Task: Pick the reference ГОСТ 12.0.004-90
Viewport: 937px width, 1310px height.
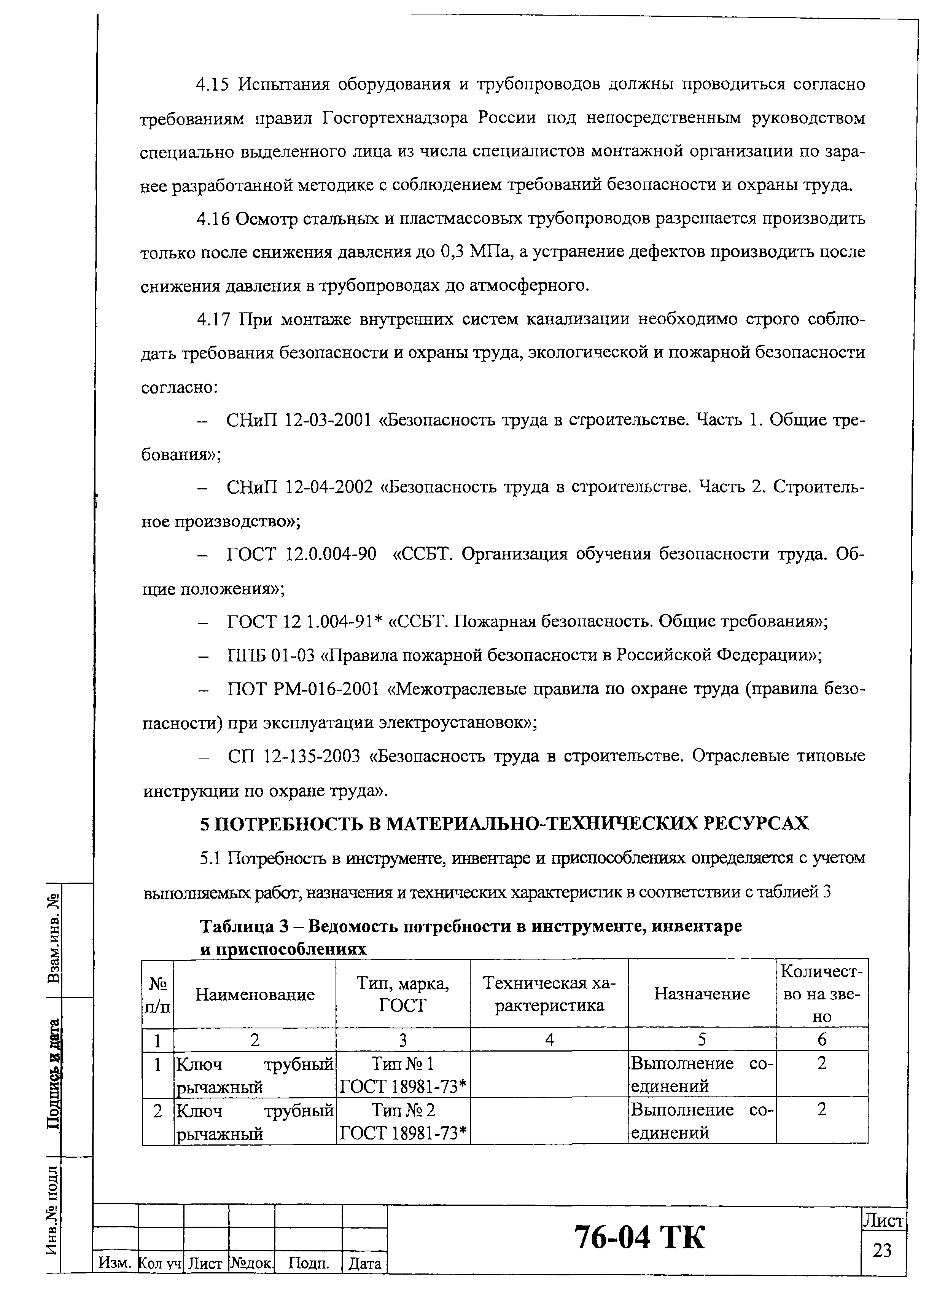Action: click(301, 555)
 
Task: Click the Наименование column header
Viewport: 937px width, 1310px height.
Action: click(255, 994)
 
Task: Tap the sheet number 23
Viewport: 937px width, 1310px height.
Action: click(882, 1249)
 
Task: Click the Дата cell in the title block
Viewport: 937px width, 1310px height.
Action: click(365, 1264)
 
